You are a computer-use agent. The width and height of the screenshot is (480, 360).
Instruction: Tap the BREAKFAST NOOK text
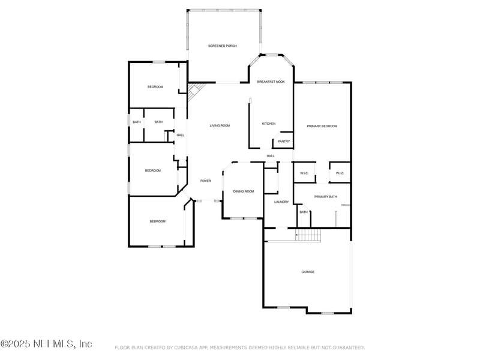click(x=271, y=82)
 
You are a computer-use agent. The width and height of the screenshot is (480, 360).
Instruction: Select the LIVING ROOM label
click(x=220, y=125)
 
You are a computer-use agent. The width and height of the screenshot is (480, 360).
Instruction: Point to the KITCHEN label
click(x=269, y=124)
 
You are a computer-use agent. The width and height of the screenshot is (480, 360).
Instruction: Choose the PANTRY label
click(x=284, y=142)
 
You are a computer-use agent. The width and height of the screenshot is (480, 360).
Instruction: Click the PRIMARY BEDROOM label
click(x=322, y=126)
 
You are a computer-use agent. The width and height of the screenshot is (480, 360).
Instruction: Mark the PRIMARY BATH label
click(x=325, y=197)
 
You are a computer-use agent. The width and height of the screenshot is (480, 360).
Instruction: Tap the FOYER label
click(x=205, y=181)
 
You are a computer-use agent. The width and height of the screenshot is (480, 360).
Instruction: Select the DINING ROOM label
click(x=244, y=191)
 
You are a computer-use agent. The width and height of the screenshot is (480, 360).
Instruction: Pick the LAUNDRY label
click(x=281, y=202)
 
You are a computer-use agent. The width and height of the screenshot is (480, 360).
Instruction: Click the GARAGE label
click(x=308, y=272)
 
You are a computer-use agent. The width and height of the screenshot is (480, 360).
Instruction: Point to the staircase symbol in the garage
click(x=308, y=235)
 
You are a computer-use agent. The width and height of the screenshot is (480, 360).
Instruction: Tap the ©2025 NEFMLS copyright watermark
click(x=46, y=344)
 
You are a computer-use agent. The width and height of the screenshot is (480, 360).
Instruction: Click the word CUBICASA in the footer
click(x=190, y=347)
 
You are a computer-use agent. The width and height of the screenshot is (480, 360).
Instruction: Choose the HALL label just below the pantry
click(x=271, y=156)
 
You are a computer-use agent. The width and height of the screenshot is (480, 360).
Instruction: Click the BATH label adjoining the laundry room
click(x=304, y=212)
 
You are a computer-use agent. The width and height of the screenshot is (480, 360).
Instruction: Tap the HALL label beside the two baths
click(x=180, y=135)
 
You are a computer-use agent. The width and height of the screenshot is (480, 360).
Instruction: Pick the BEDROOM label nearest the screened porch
click(x=155, y=87)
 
